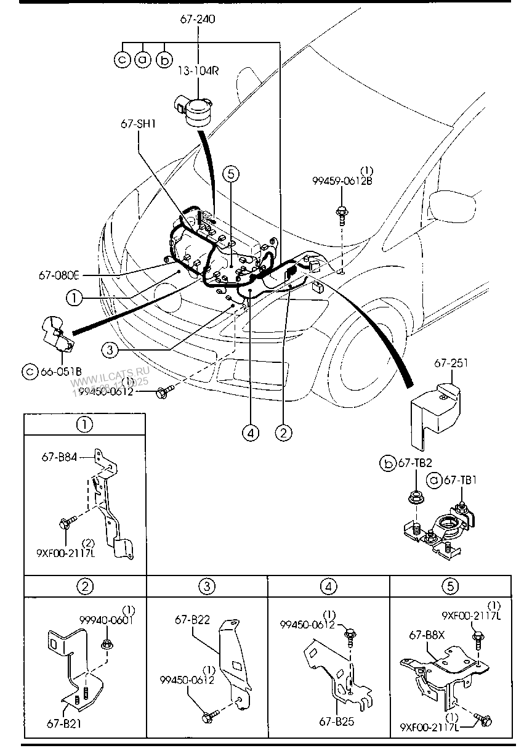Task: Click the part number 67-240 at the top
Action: tap(198, 20)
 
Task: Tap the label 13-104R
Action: tap(198, 71)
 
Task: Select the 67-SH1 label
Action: tap(138, 123)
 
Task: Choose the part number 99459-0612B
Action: tap(342, 181)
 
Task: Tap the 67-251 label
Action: tap(451, 363)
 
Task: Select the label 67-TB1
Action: tap(461, 480)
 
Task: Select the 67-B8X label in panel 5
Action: tap(423, 634)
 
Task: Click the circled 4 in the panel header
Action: tap(329, 586)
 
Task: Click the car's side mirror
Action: tap(453, 204)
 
